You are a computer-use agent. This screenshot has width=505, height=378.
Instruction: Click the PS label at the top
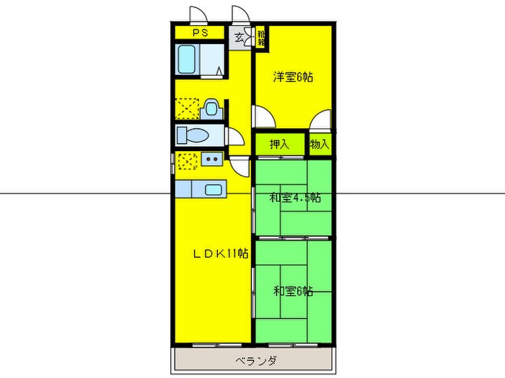201,32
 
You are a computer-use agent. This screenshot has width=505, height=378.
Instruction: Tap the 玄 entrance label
239,38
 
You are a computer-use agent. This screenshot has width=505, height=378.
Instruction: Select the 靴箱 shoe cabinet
260,37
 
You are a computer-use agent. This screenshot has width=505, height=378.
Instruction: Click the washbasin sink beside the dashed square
211,109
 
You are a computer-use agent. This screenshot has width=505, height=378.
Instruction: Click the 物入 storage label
319,143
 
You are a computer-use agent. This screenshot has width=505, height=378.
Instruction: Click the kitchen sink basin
214,191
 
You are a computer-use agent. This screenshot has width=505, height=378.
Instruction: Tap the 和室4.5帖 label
295,197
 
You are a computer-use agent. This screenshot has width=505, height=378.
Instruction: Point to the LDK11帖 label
220,253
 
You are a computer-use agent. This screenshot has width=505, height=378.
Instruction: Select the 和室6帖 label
292,292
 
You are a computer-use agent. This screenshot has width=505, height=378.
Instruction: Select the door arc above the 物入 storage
322,118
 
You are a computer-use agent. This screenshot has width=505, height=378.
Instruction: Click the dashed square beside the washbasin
186,109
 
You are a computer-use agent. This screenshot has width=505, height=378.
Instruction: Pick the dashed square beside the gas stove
186,160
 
